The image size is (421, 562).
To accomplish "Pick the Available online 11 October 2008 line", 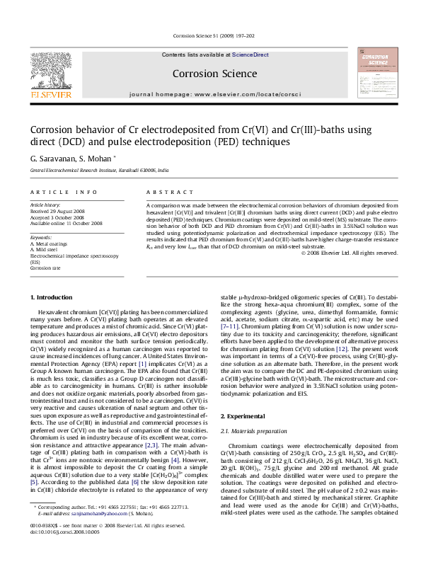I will [x=66, y=223].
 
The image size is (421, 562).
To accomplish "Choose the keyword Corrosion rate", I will [x=46, y=269].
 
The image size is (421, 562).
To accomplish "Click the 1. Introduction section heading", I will [x=53, y=297].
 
